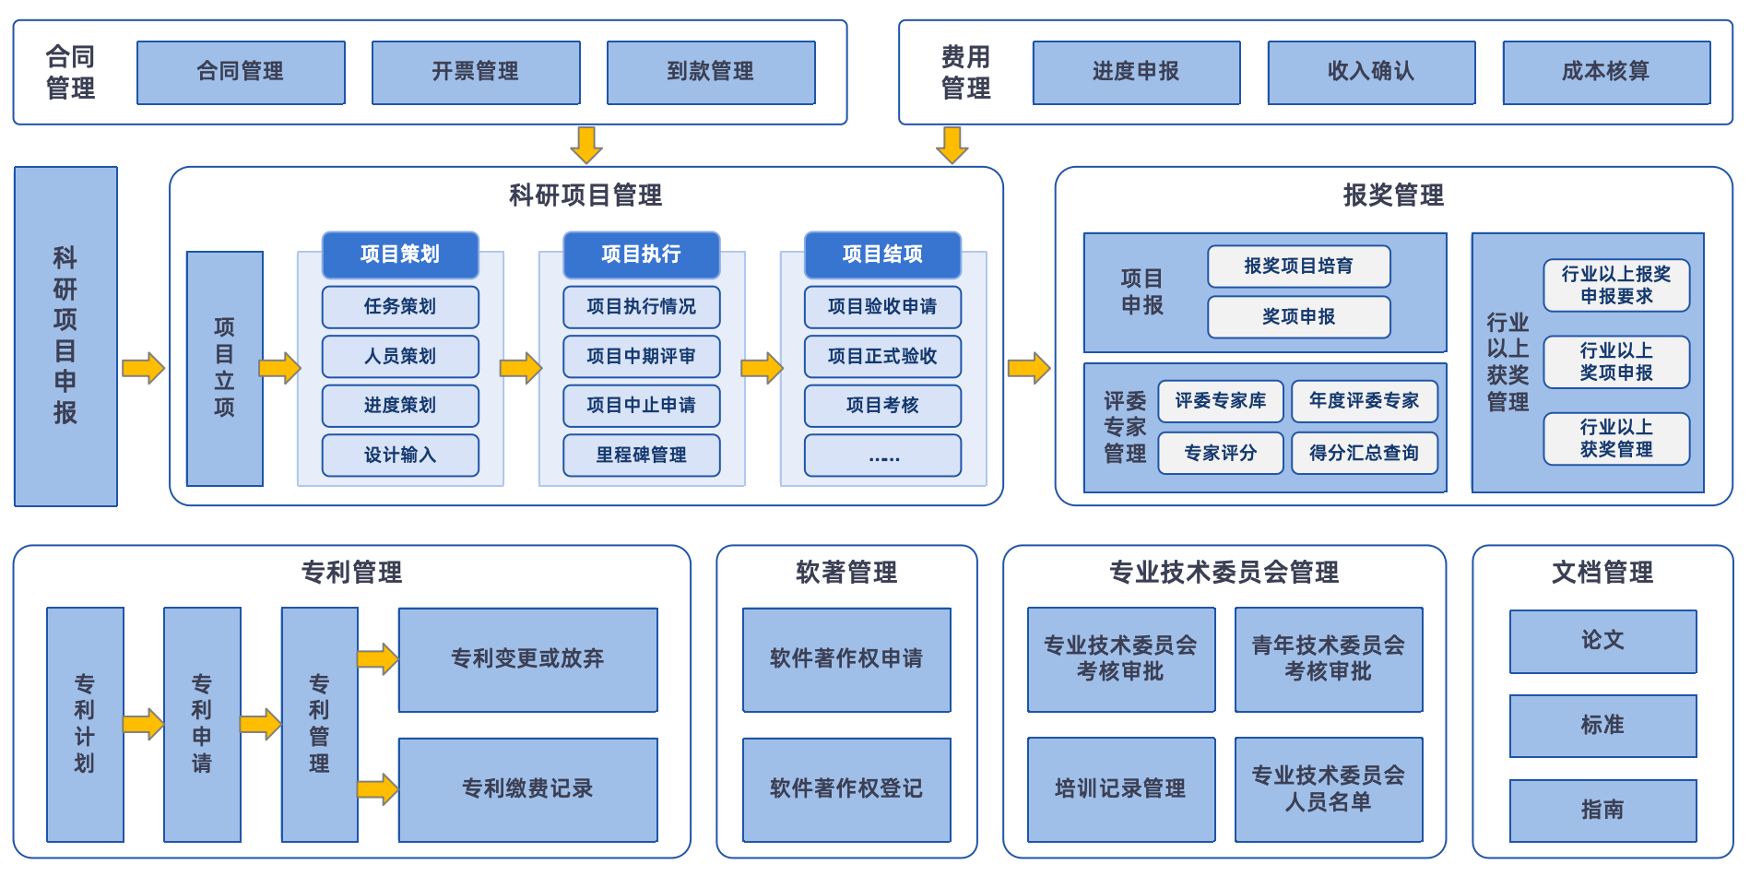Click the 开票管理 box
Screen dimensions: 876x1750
[x=476, y=72]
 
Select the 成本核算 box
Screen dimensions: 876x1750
[x=1606, y=72]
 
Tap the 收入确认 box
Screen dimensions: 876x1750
[x=1371, y=72]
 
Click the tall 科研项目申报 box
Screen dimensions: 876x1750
[x=65, y=336]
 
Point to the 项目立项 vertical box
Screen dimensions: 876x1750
[x=224, y=368]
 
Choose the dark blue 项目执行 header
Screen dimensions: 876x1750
[x=641, y=255]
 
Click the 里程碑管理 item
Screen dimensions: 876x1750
[x=641, y=455]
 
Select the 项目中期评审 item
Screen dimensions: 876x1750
[x=641, y=356]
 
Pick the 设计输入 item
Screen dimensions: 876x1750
[x=400, y=455]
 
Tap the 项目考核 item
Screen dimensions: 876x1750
[x=882, y=405]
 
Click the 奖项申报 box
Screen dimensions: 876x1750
[x=1298, y=316]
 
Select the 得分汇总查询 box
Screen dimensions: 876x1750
[x=1364, y=453]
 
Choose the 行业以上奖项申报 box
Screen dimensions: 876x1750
[x=1616, y=361]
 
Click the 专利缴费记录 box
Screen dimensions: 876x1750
[x=527, y=788]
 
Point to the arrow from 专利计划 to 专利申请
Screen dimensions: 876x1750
[x=143, y=724]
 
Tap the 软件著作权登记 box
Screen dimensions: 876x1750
[x=846, y=788]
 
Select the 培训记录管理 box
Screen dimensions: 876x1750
[x=1120, y=788]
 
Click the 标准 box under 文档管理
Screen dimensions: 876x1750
[x=1602, y=726]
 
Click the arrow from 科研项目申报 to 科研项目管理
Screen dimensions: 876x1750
[x=143, y=368]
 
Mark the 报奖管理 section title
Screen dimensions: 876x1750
[x=1393, y=195]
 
